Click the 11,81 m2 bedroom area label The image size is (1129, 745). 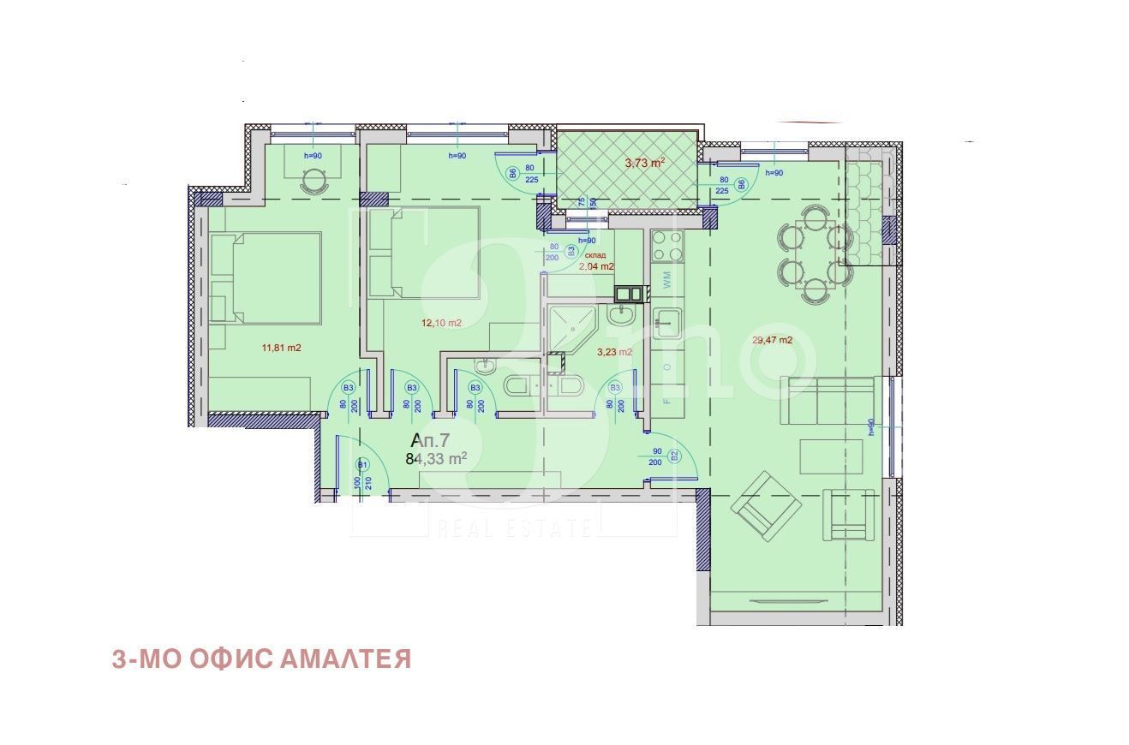pyautogui.click(x=282, y=348)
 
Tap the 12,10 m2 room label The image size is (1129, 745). pyautogui.click(x=441, y=323)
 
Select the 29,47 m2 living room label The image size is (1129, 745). pyautogui.click(x=772, y=340)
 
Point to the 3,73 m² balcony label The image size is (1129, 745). pyautogui.click(x=645, y=162)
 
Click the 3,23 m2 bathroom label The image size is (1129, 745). pyautogui.click(x=614, y=351)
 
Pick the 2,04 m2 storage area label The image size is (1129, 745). pyautogui.click(x=596, y=266)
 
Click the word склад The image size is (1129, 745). pyautogui.click(x=595, y=255)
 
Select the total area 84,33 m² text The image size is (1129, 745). pyautogui.click(x=436, y=458)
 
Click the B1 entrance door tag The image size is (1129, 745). pyautogui.click(x=362, y=465)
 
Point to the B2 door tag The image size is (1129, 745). pyautogui.click(x=673, y=455)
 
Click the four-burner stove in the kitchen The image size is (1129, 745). pyautogui.click(x=668, y=246)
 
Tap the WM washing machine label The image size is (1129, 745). pyautogui.click(x=667, y=277)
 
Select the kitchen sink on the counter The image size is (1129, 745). pyautogui.click(x=667, y=323)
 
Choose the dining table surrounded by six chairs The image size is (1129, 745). pyautogui.click(x=814, y=254)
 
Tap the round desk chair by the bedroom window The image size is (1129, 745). pyautogui.click(x=314, y=180)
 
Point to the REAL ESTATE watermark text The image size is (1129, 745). pyautogui.click(x=514, y=527)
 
